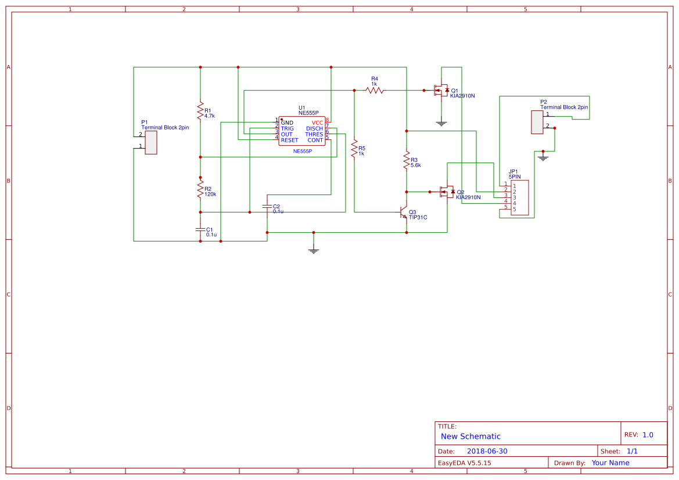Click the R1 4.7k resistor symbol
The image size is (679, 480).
pos(200,110)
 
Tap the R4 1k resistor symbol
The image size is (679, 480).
pos(375,90)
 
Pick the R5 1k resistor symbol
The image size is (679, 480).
pos(354,149)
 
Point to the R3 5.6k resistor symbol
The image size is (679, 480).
pos(407,161)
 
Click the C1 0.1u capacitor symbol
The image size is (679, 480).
pos(200,230)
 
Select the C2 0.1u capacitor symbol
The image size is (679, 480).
pos(267,206)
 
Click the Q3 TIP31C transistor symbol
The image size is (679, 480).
pos(404,213)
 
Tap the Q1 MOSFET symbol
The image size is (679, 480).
pos(441,91)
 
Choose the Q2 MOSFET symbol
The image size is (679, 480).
pos(447,192)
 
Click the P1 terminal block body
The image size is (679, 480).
pos(151,142)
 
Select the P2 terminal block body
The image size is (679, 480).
pos(537,122)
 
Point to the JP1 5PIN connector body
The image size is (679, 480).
pos(520,197)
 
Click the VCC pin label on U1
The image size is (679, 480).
pos(317,122)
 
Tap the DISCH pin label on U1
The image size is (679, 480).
pos(314,128)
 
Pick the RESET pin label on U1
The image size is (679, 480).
pos(289,140)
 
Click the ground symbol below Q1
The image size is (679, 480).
pos(441,122)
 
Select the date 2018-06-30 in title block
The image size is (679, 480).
pos(487,451)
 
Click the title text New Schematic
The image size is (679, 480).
pos(470,436)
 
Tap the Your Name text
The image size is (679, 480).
pos(610,463)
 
